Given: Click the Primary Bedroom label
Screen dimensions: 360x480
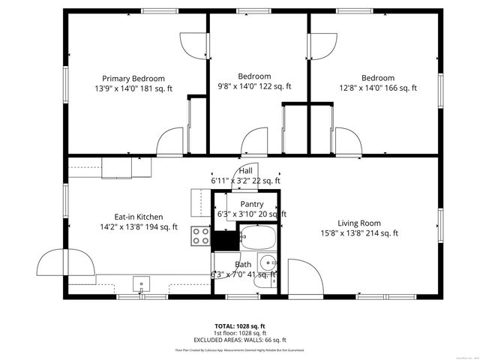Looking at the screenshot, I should (x=133, y=78).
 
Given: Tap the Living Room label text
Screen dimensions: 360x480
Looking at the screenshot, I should (x=358, y=223).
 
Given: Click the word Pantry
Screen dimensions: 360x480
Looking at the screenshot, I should (x=251, y=204).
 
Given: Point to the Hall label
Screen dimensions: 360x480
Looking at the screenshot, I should (x=246, y=171).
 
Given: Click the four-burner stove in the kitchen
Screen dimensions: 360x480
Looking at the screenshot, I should (x=201, y=237).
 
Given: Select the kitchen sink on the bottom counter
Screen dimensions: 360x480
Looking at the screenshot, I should (x=139, y=283).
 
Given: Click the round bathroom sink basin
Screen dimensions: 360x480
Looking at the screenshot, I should (x=268, y=263).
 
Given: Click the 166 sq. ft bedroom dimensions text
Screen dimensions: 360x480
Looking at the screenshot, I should (x=377, y=88).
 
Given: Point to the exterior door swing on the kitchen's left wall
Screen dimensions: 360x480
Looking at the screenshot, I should (x=68, y=262).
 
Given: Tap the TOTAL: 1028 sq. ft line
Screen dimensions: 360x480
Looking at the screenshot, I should (x=240, y=326).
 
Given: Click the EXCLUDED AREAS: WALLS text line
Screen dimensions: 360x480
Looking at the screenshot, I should (x=240, y=340).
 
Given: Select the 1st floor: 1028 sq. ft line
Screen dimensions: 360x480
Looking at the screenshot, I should (x=240, y=333).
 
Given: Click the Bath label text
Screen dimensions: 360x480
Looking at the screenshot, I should (x=243, y=265).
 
